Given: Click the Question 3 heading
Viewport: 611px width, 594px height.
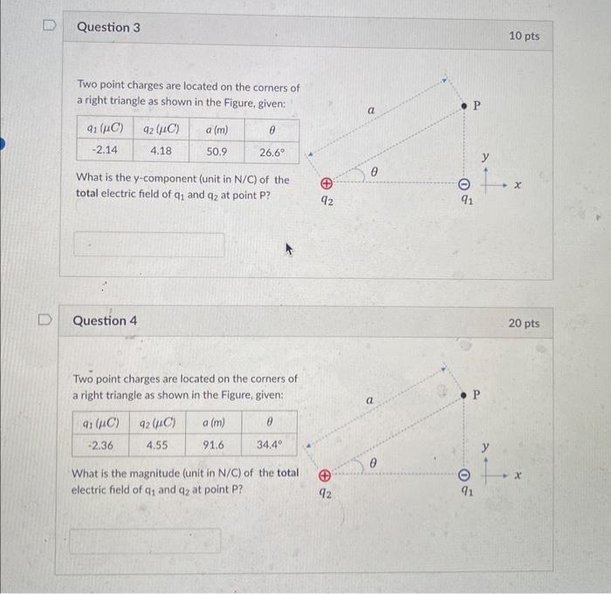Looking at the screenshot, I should (x=108, y=27).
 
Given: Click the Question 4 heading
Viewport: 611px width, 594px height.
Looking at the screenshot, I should (x=106, y=320).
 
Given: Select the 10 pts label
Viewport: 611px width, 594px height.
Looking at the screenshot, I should (x=524, y=36).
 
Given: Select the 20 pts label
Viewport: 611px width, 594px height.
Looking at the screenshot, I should (x=524, y=324).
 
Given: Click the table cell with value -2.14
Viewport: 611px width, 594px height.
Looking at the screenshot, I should (x=105, y=150).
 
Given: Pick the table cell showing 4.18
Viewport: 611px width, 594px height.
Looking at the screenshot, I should (x=161, y=150).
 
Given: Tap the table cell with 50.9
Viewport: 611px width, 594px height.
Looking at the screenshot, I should (x=217, y=150).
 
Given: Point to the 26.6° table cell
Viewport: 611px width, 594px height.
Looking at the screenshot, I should (x=272, y=151).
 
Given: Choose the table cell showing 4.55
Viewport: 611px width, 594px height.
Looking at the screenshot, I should (x=158, y=443).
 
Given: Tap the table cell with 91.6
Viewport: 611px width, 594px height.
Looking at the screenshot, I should (x=212, y=443).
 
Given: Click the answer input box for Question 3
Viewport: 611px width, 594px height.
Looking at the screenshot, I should (x=148, y=245).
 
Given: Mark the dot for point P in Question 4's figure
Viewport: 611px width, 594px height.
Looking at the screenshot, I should (x=464, y=395).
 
